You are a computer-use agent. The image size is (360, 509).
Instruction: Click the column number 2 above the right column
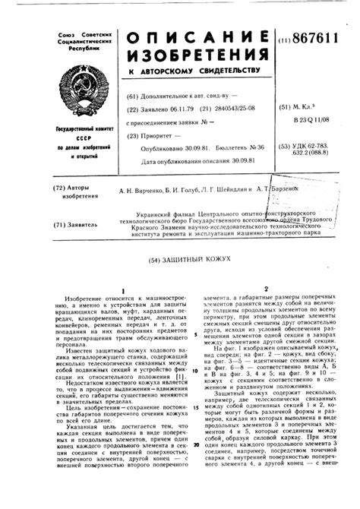(x=266, y=289)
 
